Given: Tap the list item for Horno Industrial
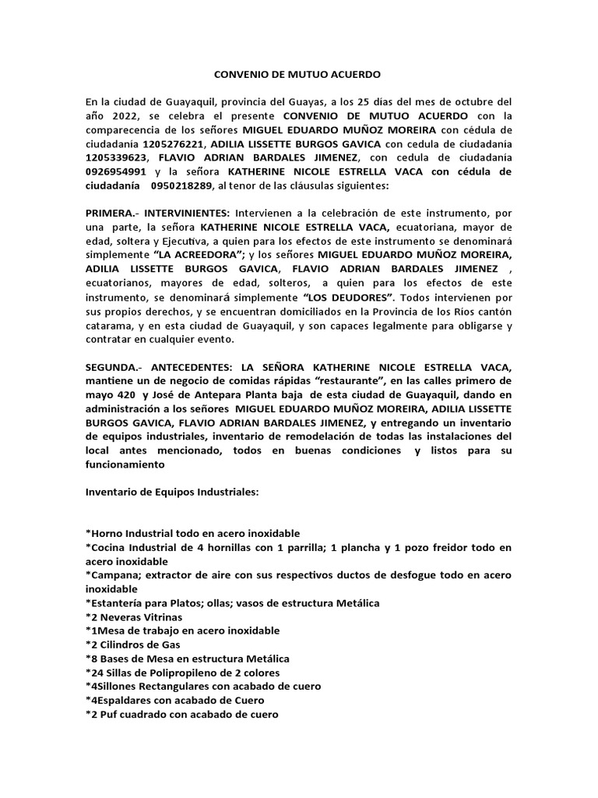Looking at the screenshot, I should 192,534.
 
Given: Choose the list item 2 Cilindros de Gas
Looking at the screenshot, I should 133,644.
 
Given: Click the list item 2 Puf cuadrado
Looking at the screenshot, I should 181,714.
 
